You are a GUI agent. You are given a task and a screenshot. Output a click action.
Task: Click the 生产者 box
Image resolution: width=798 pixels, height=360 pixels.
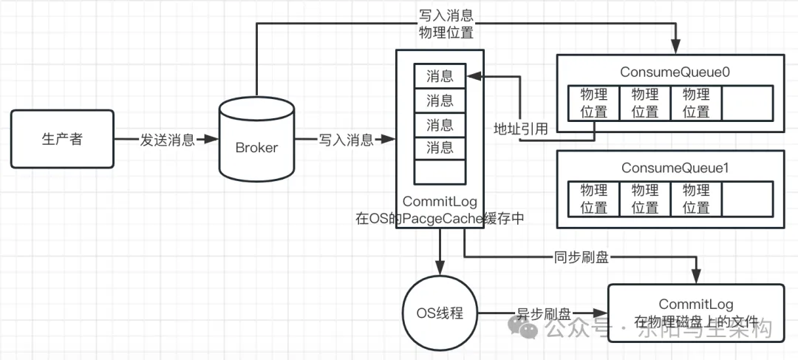[x=62, y=140]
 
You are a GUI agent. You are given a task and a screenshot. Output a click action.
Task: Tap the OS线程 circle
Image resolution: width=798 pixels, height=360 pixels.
[x=440, y=313]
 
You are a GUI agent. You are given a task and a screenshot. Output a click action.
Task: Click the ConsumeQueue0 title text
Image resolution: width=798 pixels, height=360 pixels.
[x=666, y=72]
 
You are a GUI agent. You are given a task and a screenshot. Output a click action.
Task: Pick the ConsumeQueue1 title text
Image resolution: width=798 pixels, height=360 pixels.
[x=666, y=169]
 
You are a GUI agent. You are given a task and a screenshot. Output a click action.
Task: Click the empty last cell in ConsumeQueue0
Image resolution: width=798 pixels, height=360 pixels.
[x=747, y=103]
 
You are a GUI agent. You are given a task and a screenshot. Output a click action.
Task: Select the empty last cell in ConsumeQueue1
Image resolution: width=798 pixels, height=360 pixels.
[x=747, y=199]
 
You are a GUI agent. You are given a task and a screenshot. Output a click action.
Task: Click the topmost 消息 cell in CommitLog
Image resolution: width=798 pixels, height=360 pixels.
[x=440, y=75]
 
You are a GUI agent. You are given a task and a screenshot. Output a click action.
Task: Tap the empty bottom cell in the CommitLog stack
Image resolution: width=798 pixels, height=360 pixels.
[x=440, y=171]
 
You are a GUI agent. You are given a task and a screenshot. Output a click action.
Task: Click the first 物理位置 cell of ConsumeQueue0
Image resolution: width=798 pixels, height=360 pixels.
[x=593, y=103]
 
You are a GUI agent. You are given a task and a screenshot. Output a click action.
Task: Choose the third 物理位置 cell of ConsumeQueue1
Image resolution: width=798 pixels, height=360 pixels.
[x=695, y=199]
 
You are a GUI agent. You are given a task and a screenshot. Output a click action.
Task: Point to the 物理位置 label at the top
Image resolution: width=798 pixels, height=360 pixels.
[x=446, y=33]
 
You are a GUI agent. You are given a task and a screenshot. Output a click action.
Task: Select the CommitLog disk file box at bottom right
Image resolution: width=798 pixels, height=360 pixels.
[x=695, y=312]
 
